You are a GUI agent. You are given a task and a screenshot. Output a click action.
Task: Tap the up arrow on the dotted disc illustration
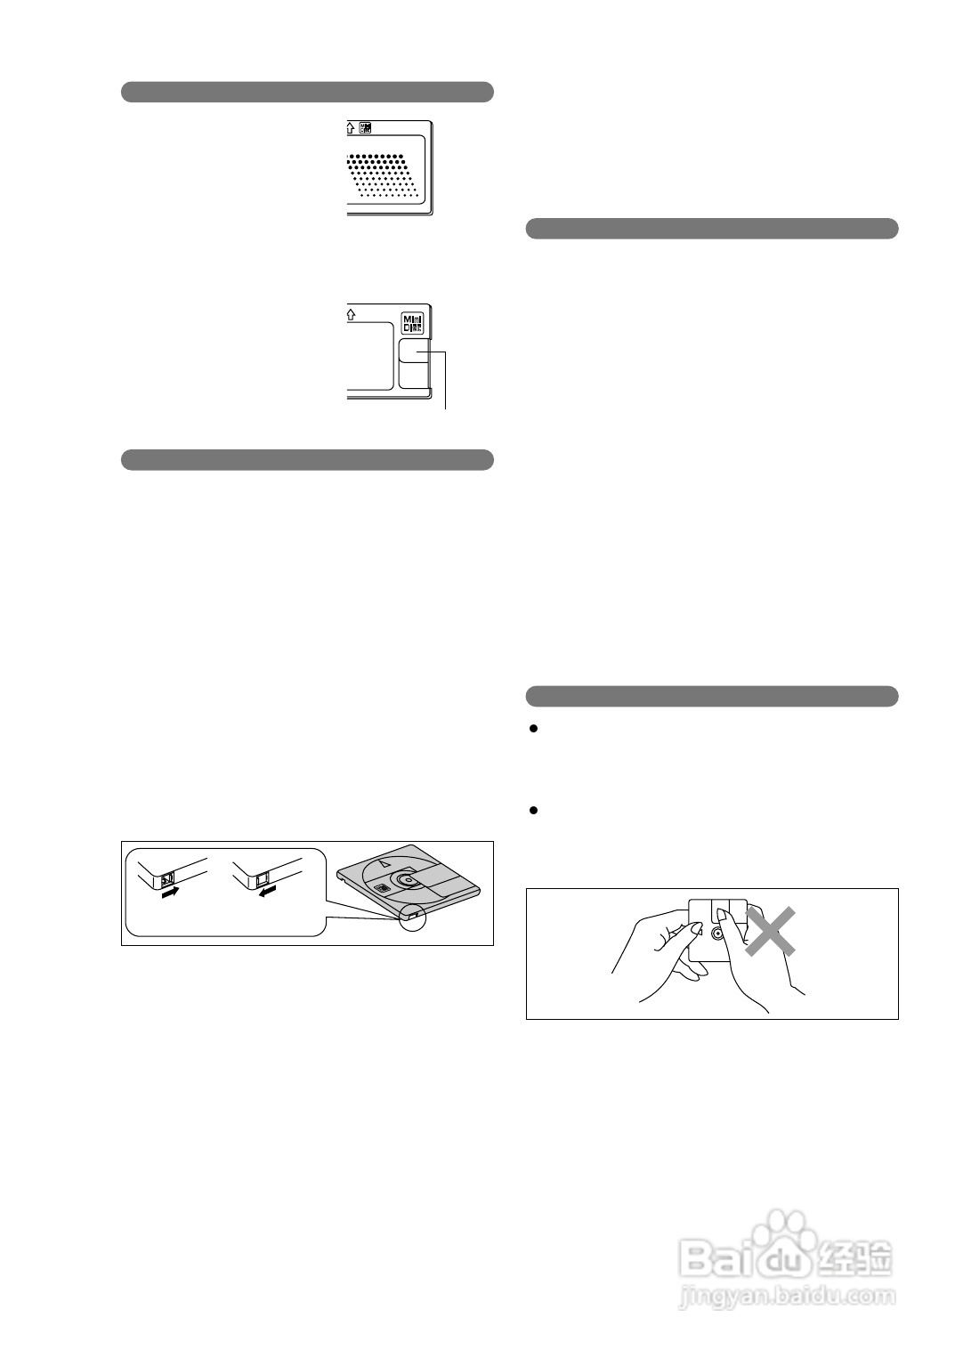351,128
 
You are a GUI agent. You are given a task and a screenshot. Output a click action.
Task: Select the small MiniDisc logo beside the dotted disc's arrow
365,128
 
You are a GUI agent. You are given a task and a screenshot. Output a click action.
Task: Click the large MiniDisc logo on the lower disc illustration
413,322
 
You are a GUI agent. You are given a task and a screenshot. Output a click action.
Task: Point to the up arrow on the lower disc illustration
351,313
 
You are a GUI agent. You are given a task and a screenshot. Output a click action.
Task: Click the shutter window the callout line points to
413,354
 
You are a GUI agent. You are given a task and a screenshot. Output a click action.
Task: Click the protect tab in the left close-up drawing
166,880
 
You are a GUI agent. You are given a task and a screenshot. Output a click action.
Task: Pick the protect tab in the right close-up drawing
263,880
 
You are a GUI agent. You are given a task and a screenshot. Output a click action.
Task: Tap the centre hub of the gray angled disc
407,879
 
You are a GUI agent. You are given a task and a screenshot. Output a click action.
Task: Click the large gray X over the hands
769,931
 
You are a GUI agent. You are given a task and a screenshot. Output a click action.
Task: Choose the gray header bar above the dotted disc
307,92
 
